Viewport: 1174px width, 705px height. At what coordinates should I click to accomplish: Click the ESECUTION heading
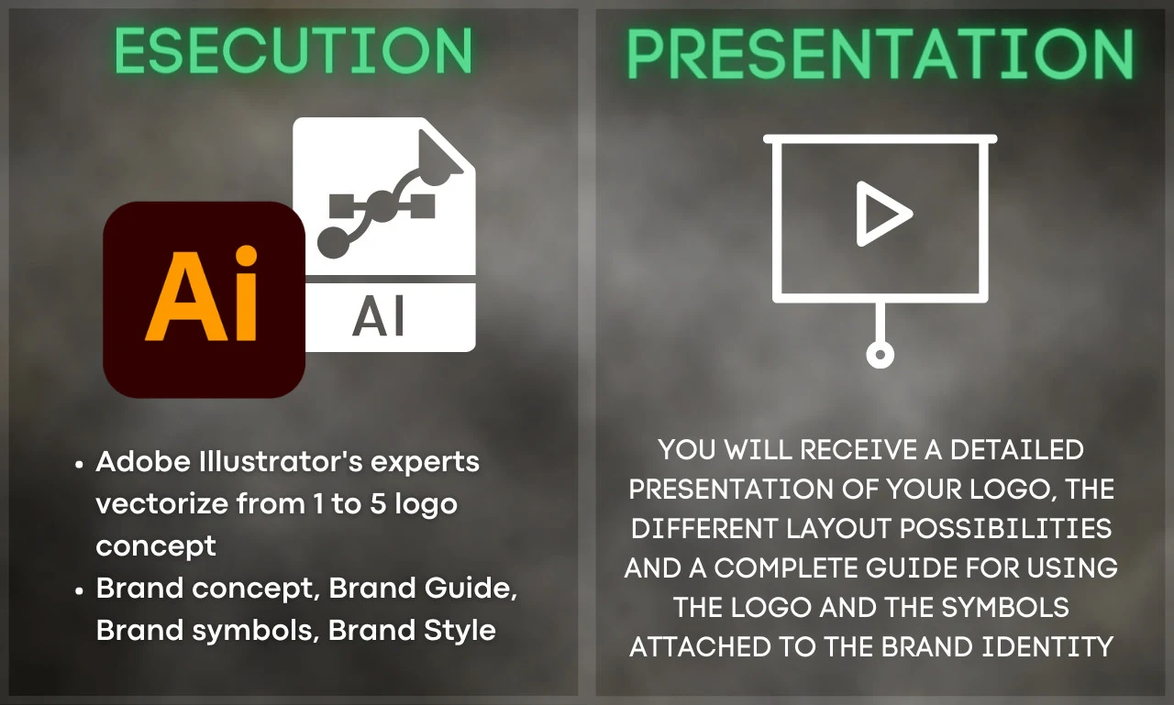pos(293,50)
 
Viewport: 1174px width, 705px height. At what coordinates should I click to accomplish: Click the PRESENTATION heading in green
pos(880,54)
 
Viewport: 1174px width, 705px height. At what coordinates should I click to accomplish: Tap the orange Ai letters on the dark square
pos(202,295)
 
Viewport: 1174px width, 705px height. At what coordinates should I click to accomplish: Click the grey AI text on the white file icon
pos(379,316)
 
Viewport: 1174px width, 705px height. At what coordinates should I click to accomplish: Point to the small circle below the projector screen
pos(880,355)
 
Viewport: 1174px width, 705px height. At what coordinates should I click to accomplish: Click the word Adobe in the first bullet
pos(142,461)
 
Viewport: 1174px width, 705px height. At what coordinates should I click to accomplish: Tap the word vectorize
pos(162,503)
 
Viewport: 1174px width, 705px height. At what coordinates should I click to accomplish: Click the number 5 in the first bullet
pos(378,503)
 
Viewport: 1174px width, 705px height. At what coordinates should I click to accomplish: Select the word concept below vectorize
pos(156,546)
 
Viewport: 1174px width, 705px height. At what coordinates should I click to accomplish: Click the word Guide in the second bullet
pos(471,588)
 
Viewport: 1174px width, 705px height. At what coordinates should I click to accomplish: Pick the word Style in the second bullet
pos(460,630)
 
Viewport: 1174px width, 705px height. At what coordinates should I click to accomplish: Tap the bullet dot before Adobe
pos(79,464)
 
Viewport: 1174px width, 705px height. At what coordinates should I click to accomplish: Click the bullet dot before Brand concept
pos(79,590)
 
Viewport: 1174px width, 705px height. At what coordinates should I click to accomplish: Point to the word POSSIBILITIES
pos(1005,528)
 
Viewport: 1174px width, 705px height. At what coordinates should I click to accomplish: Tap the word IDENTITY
pos(1047,646)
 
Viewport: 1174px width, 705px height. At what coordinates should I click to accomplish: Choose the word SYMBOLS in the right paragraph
pos(1005,607)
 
